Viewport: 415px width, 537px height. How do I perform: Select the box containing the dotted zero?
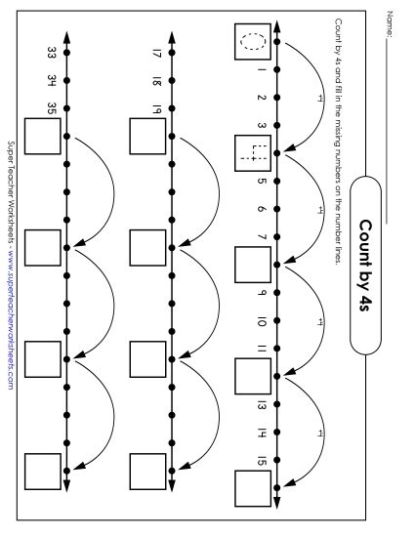[252, 42]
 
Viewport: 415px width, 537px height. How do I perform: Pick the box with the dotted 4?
[252, 152]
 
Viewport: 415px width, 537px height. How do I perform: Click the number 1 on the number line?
[262, 70]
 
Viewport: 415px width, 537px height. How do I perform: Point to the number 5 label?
[262, 181]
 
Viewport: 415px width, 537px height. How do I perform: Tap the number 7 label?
[262, 236]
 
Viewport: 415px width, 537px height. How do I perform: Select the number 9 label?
[262, 292]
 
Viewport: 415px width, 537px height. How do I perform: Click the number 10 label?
[262, 320]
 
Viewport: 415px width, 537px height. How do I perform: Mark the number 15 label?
[262, 460]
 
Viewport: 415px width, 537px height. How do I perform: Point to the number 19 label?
[156, 107]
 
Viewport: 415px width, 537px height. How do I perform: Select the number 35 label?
[51, 107]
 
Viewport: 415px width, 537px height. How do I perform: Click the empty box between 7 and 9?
[252, 264]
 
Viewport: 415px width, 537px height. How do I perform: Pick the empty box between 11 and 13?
[252, 375]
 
